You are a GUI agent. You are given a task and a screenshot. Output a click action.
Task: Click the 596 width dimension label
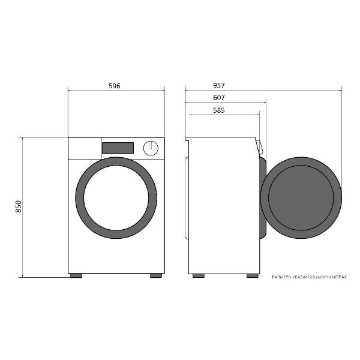[115, 86]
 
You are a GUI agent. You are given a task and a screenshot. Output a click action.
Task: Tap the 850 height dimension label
[19, 206]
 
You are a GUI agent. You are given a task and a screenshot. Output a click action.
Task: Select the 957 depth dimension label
[219, 85]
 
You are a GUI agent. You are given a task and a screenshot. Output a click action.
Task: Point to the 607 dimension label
[219, 98]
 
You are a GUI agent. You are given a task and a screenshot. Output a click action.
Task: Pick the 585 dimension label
[219, 110]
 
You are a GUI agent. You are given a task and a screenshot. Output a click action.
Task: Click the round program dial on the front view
[151, 148]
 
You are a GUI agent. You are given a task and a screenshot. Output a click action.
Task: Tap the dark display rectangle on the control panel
[118, 148]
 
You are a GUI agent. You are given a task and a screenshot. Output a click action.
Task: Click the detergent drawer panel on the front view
[85, 148]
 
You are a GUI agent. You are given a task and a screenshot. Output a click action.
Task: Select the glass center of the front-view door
[116, 197]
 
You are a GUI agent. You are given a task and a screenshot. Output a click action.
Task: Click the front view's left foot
[76, 275]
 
